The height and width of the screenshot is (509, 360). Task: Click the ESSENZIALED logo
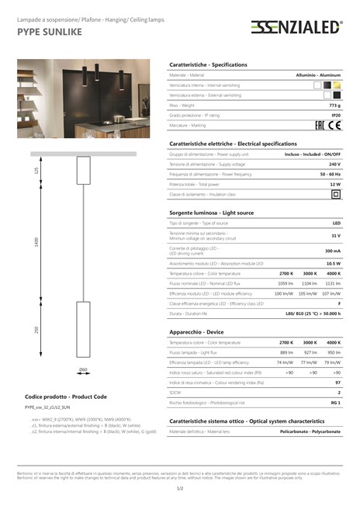pos(296,28)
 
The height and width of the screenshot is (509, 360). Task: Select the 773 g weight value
pos(334,104)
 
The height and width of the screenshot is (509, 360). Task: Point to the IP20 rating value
pos(336,114)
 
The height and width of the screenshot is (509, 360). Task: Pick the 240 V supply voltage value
pos(334,164)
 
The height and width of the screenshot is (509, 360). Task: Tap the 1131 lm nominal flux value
pos(333,284)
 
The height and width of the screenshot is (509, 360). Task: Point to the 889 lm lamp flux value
pos(286,352)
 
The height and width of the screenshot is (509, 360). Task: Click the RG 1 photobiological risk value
pos(335,403)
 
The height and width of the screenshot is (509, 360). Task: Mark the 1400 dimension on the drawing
pos(36,242)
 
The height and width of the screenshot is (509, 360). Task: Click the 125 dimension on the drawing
pos(36,170)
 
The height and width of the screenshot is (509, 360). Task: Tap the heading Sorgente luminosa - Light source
pos(211,212)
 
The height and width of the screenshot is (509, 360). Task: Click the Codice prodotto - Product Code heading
pos(65,396)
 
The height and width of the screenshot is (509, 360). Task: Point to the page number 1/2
pos(180,488)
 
